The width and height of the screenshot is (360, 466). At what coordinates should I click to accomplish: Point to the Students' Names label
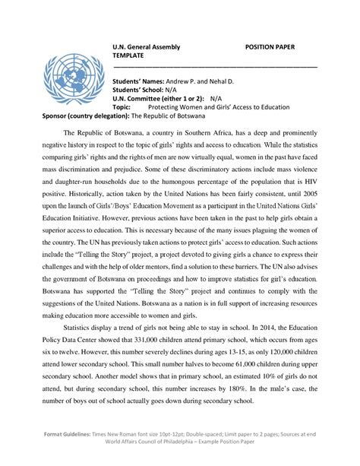coord(141,80)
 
